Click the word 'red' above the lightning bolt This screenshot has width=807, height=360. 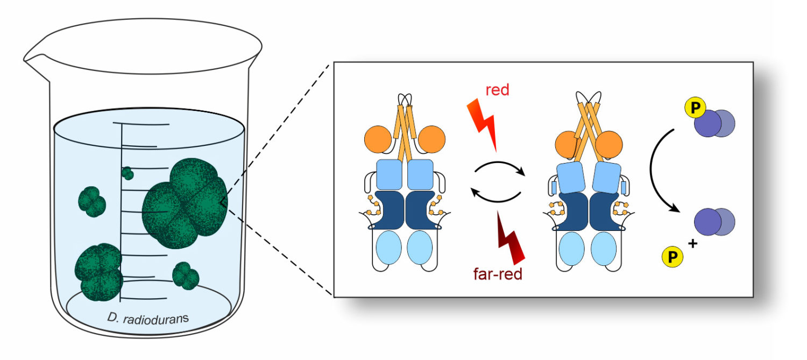[x=497, y=90]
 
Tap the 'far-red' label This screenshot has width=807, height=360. [x=498, y=274]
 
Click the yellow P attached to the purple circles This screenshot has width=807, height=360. [x=695, y=108]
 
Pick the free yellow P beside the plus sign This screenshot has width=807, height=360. [x=672, y=257]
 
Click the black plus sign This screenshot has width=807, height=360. [x=692, y=244]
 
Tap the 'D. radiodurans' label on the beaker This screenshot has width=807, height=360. [x=148, y=319]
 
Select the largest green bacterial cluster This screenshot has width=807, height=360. [x=185, y=203]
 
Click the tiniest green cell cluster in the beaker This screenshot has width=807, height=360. [x=128, y=173]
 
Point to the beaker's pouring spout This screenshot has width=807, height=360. [x=34, y=59]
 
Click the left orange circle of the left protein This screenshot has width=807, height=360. [x=378, y=139]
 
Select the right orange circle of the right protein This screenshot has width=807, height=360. [x=608, y=145]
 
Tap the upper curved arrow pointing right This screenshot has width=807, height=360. [x=499, y=164]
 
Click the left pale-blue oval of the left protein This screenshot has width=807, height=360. [x=389, y=248]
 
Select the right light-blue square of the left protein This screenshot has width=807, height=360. [x=420, y=175]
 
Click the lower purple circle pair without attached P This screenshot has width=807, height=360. [x=714, y=222]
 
